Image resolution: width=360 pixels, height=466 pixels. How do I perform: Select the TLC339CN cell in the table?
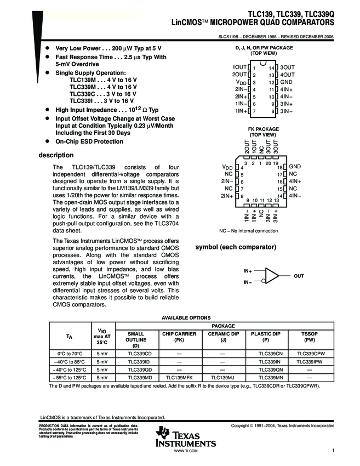(x=266, y=354)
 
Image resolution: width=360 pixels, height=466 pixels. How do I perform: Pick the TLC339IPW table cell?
(x=308, y=362)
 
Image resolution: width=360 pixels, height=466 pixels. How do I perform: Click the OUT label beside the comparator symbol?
(x=299, y=276)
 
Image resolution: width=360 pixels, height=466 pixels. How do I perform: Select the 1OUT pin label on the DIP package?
(x=239, y=67)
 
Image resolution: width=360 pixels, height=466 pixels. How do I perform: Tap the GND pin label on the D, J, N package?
(x=287, y=82)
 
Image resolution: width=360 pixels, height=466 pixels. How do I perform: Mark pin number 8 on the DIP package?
(x=271, y=111)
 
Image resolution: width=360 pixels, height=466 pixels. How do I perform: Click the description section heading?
(x=55, y=155)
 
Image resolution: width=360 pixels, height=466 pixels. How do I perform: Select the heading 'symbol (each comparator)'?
(x=236, y=247)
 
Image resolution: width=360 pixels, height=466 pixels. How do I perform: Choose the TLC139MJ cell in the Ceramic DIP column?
(x=223, y=378)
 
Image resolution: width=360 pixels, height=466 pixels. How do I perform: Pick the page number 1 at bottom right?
(x=333, y=450)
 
